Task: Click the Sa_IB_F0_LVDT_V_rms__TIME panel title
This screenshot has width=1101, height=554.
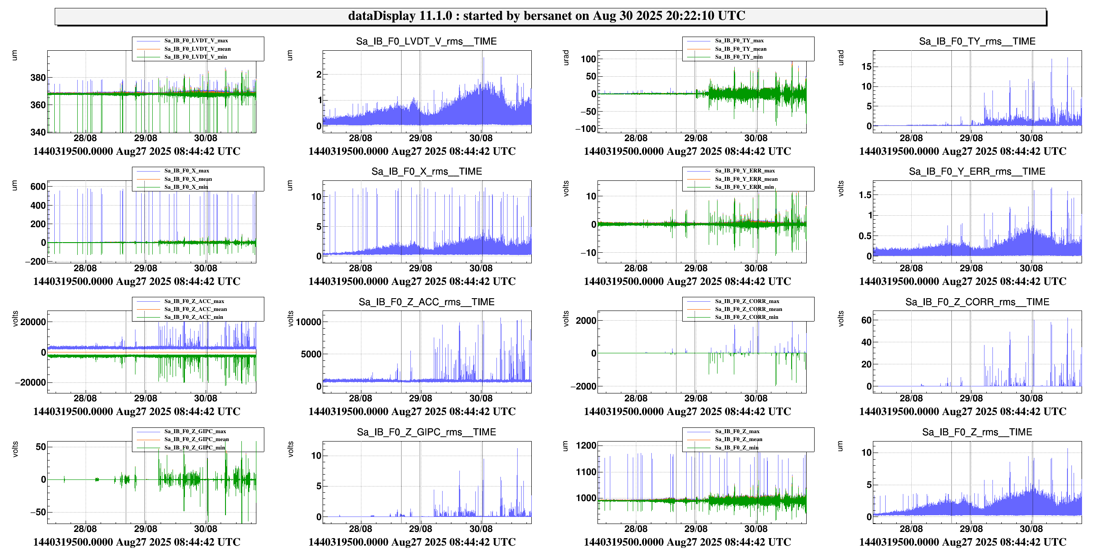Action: tap(426, 41)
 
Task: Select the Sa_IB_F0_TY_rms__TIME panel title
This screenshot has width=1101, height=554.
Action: tap(977, 41)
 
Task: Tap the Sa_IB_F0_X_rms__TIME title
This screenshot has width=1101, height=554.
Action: tap(426, 172)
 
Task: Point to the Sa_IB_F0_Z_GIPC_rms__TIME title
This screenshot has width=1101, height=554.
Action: tap(426, 432)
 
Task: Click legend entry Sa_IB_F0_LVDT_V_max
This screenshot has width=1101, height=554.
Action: tap(196, 41)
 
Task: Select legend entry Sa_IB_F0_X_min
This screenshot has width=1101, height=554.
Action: tap(186, 187)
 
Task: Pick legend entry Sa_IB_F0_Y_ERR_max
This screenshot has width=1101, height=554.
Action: tap(745, 171)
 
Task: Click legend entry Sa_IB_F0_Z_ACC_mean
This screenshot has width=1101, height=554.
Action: tap(195, 309)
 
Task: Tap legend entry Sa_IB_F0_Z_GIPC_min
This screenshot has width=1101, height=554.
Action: tap(195, 448)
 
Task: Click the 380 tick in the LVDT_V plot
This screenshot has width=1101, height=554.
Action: tap(38, 78)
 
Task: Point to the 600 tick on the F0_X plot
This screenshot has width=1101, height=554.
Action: tap(38, 187)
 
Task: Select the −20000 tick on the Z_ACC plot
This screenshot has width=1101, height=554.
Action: tap(30, 383)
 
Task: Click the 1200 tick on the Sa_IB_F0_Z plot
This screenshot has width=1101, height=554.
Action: tap(586, 445)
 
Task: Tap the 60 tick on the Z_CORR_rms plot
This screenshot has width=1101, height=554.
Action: tap(866, 320)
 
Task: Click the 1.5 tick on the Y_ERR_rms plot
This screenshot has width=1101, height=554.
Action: tap(865, 195)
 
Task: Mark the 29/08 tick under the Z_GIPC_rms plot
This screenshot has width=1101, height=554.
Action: tap(421, 529)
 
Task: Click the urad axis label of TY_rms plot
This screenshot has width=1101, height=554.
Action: tap(841, 58)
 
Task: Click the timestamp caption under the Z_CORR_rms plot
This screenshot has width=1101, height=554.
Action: tap(962, 412)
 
